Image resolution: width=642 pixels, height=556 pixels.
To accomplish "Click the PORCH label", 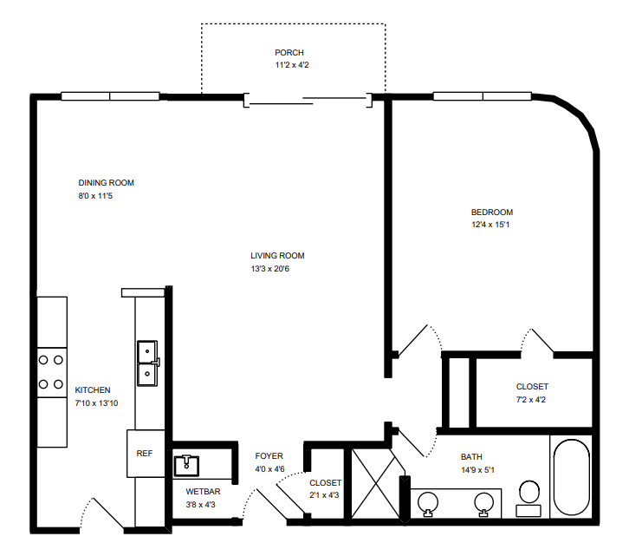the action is [x=289, y=53].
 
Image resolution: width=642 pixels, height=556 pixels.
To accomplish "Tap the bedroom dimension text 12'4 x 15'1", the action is [x=490, y=225].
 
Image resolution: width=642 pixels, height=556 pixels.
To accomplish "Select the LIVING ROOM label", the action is [x=277, y=256].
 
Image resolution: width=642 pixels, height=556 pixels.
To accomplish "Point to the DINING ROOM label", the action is [x=106, y=182].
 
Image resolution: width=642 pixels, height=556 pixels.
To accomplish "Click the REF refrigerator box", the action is [x=146, y=454].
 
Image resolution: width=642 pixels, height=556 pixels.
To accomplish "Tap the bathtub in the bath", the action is [x=571, y=477].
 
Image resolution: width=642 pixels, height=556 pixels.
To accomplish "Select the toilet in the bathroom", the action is [x=529, y=498].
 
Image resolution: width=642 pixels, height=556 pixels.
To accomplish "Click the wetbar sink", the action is [x=186, y=466].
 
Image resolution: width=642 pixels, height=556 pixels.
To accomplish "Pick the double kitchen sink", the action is [x=147, y=363].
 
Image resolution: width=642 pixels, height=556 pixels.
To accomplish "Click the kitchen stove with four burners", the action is [x=52, y=372].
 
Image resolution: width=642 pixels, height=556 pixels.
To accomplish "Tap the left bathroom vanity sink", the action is [x=428, y=503].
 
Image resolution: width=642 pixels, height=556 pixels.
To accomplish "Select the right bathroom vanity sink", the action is [x=484, y=503].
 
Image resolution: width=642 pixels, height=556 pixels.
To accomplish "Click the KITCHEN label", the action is [x=93, y=390].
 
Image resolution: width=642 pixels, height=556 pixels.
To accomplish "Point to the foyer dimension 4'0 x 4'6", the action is [x=269, y=468].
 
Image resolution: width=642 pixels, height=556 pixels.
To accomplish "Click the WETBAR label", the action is [x=203, y=491].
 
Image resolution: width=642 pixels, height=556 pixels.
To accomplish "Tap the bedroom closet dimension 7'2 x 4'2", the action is [x=530, y=399].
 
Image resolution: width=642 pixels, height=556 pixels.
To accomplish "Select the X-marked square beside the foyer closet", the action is [x=375, y=484].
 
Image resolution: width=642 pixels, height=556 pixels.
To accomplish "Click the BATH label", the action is [x=471, y=457].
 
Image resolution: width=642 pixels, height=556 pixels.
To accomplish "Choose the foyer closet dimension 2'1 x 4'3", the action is [x=324, y=495].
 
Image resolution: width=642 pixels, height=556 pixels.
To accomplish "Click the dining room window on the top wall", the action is [x=110, y=96].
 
